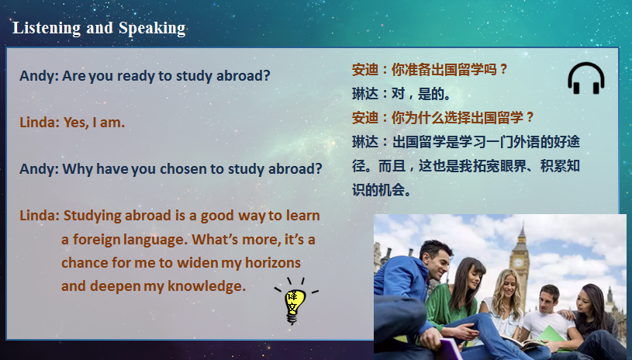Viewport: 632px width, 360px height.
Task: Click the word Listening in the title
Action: [x=47, y=28]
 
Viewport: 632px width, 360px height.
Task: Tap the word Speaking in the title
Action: [x=152, y=28]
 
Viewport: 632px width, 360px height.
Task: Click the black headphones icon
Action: [x=586, y=78]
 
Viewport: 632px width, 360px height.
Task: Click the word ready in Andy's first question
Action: [x=136, y=76]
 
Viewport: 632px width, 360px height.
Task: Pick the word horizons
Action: [x=273, y=263]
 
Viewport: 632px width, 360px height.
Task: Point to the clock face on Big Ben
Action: [x=518, y=263]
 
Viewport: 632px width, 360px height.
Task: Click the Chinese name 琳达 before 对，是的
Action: [x=365, y=94]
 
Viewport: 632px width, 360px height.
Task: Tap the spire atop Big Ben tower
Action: [x=522, y=231]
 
